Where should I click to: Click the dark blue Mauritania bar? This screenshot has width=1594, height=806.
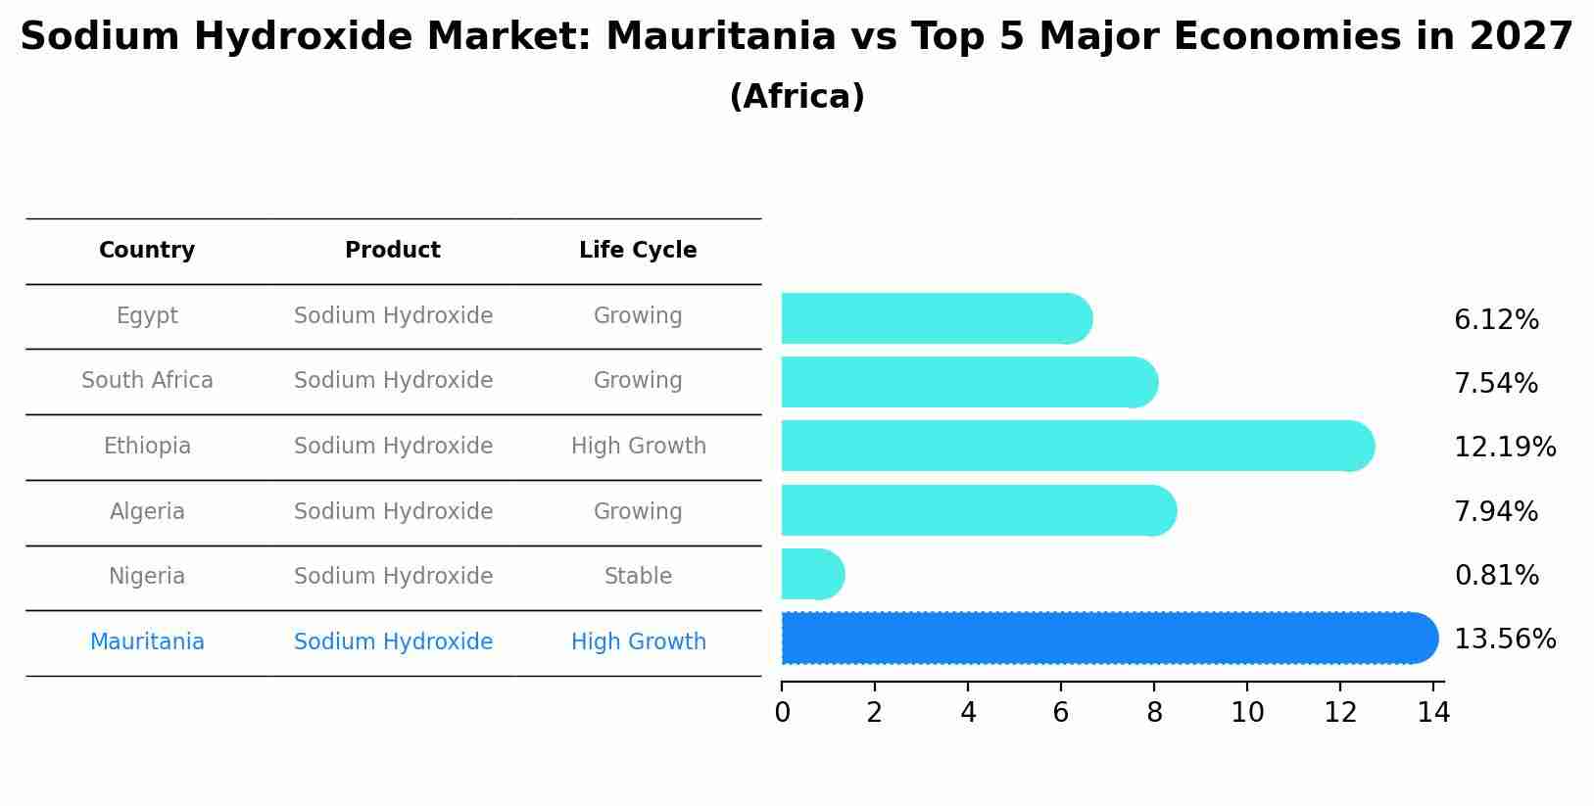(x=1107, y=639)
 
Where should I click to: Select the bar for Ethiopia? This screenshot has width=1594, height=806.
(x=1076, y=446)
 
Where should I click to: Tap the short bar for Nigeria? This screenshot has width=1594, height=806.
(x=811, y=575)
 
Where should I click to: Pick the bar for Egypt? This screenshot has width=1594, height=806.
(x=936, y=318)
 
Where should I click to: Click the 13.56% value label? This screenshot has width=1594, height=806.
(x=1504, y=640)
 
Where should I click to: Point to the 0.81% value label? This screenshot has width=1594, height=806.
(x=1496, y=576)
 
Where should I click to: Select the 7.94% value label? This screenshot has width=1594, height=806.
(x=1495, y=511)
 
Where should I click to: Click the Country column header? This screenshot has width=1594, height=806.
(x=147, y=251)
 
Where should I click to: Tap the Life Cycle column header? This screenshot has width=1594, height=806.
(x=638, y=251)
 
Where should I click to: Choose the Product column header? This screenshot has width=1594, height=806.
(x=392, y=251)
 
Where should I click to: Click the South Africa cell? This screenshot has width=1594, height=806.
(x=147, y=381)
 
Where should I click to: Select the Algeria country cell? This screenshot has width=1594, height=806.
(x=147, y=511)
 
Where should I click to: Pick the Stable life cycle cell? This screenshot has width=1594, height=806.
(x=638, y=577)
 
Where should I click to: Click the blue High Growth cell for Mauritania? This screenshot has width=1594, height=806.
(x=638, y=642)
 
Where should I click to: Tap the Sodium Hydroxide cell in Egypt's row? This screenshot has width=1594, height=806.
(x=393, y=316)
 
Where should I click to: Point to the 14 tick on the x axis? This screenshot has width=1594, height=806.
(x=1433, y=713)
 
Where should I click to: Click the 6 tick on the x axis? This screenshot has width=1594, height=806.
(x=1061, y=713)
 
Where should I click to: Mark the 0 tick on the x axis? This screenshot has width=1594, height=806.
(x=782, y=713)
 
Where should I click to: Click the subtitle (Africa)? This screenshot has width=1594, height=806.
(x=797, y=97)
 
